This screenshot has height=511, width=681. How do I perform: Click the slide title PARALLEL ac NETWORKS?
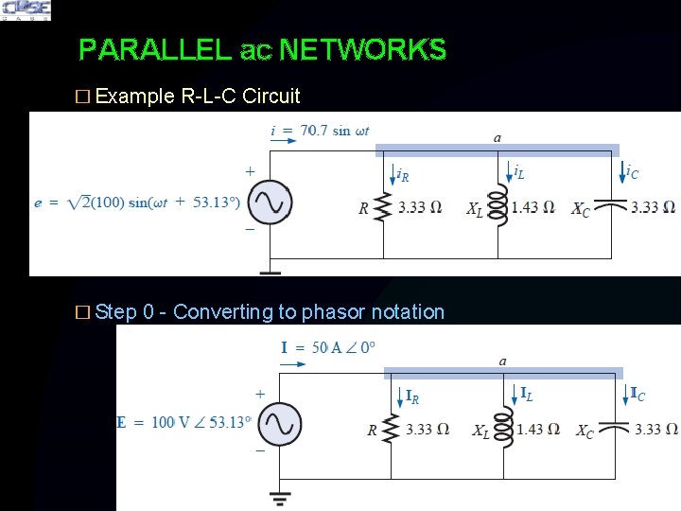point(262,49)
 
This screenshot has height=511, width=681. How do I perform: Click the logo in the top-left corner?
point(26,10)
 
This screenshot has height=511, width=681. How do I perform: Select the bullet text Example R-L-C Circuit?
point(198,96)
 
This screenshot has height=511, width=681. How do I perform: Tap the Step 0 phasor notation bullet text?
point(270,311)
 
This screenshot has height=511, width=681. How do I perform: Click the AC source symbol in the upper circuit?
point(268,203)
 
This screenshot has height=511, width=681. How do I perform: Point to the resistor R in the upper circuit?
point(383,207)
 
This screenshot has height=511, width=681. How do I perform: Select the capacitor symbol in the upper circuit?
point(614,205)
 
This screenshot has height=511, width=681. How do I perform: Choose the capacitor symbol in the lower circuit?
point(617,429)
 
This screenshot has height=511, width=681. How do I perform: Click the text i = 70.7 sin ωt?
point(320,130)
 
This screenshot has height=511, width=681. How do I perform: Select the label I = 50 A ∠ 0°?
point(327,347)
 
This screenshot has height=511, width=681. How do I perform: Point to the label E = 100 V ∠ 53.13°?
point(183,422)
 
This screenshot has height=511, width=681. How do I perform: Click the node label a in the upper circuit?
point(498,138)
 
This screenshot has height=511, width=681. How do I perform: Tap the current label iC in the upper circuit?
point(632,171)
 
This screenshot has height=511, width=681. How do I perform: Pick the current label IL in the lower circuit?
point(526,393)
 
